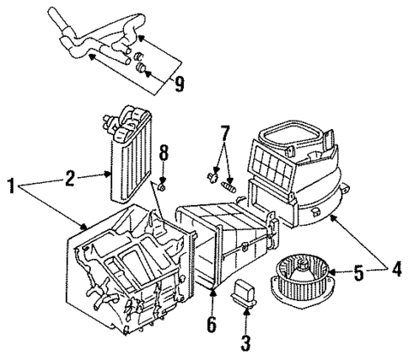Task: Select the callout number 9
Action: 179,83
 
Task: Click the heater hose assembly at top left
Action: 93,38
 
